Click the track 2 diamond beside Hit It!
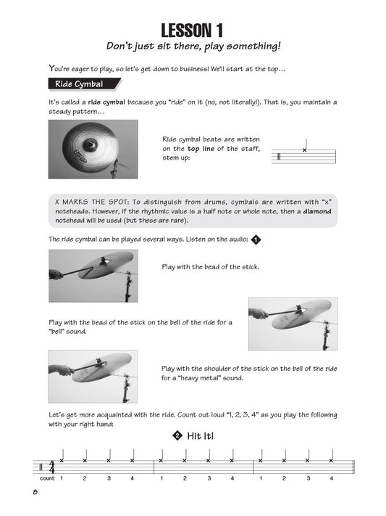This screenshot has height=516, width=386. (175, 436)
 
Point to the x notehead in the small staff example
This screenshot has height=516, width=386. (305, 150)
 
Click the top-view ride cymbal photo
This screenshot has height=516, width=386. (93, 150)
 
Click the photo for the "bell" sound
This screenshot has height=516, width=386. (295, 324)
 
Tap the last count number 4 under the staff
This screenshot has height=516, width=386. (331, 478)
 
